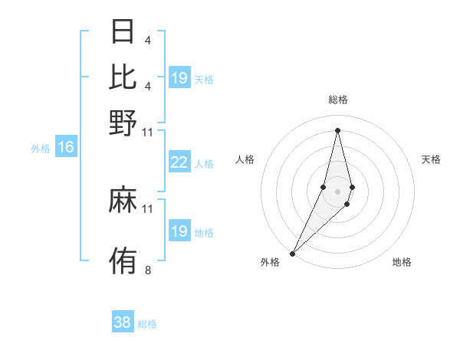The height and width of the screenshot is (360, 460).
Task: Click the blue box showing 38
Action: (x=123, y=322)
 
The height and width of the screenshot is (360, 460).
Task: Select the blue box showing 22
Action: (x=179, y=162)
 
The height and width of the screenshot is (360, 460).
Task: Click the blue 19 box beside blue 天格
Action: (x=179, y=77)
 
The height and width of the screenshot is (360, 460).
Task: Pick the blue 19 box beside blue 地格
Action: (x=179, y=231)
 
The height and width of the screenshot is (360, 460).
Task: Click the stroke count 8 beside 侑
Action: (x=148, y=270)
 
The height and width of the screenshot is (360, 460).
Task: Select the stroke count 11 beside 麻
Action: (x=148, y=208)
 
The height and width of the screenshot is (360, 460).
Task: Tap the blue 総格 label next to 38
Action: (x=147, y=324)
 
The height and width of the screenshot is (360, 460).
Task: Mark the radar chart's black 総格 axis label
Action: (x=338, y=100)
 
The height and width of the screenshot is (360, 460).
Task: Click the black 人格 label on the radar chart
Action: (x=245, y=159)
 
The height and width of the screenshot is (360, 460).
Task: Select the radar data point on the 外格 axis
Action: (x=293, y=252)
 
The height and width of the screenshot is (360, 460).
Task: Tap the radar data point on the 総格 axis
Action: (x=338, y=129)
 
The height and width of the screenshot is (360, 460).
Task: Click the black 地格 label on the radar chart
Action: (x=402, y=263)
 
